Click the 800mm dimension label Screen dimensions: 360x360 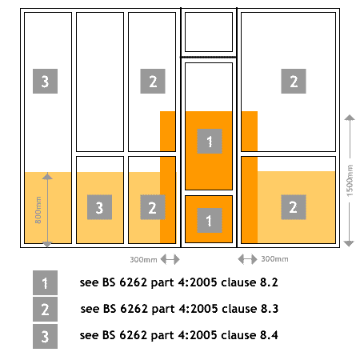click(38, 210)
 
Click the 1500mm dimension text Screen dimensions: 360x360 click(350, 181)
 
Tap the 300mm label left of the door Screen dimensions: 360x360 click(143, 259)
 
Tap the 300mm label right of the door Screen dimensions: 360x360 click(274, 259)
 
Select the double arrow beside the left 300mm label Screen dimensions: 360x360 click(170, 259)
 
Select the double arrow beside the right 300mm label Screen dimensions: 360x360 click(247, 259)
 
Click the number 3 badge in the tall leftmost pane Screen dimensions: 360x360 click(45, 81)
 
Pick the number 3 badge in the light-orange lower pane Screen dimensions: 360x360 click(99, 207)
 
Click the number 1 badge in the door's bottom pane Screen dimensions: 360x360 click(210, 220)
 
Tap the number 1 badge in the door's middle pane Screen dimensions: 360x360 click(210, 141)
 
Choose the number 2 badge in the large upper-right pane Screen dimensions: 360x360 click(294, 81)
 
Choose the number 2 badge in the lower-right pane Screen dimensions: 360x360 click(294, 207)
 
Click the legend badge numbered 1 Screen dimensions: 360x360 click(45, 282)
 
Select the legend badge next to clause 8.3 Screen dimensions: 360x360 click(45, 309)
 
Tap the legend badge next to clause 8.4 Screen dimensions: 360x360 click(45, 336)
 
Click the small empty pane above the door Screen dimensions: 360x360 click(209, 32)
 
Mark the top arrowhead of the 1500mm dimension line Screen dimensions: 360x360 click(350, 118)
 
